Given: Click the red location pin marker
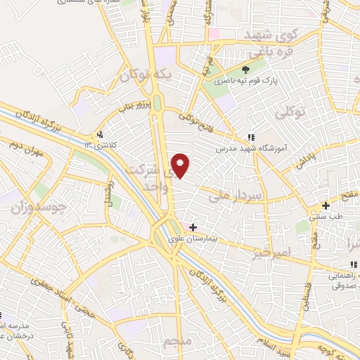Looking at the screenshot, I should (181, 165).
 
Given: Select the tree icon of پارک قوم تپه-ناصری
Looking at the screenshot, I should (245, 70).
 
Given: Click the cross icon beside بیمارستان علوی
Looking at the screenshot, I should (193, 226).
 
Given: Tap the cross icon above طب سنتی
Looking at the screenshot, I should (325, 206).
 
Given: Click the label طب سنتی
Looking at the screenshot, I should (325, 217).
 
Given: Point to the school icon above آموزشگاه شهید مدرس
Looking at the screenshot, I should (251, 137).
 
